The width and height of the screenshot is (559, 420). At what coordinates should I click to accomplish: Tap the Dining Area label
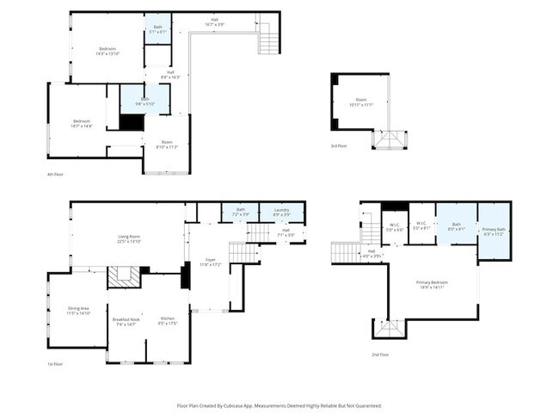point(72,312)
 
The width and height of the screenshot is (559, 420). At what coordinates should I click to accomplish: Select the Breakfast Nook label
point(126,322)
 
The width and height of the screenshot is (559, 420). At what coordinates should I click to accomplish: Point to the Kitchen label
point(168,322)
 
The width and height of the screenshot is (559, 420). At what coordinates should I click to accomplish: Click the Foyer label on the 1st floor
point(210,262)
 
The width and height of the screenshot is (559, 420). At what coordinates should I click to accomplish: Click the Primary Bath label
point(494,231)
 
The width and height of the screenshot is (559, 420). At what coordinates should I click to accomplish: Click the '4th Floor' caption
point(56,175)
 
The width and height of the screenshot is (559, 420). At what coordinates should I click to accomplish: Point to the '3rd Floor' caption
point(340,146)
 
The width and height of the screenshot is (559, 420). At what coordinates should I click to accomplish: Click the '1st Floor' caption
point(56,365)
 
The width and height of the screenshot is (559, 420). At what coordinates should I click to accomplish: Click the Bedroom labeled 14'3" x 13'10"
point(107,51)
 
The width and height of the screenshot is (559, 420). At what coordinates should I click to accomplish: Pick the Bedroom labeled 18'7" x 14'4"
point(82,124)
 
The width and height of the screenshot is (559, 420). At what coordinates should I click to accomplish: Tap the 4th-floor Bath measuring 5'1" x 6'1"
point(157,29)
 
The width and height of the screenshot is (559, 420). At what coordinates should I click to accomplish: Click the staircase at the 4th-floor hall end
point(268,40)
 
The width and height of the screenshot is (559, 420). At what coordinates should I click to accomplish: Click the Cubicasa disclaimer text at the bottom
point(279,405)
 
